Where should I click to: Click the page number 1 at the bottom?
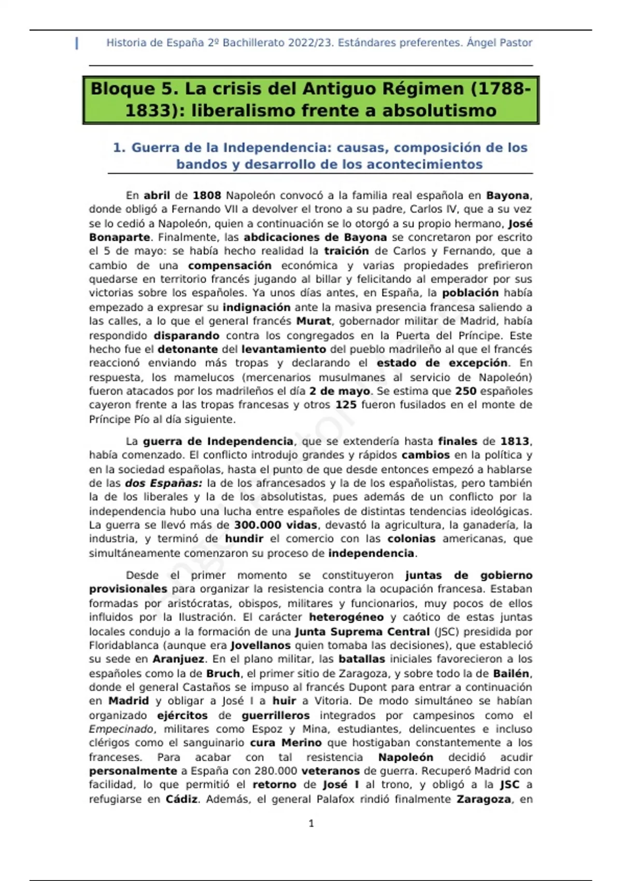point(311,823)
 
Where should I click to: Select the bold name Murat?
point(314,321)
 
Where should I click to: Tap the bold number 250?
point(465,391)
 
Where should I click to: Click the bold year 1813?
point(515,442)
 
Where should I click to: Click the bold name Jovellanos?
point(260,646)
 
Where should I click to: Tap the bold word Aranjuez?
point(179,659)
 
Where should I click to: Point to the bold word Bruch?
point(223,674)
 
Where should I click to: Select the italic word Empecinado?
point(121,729)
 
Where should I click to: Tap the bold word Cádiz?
point(181,799)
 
